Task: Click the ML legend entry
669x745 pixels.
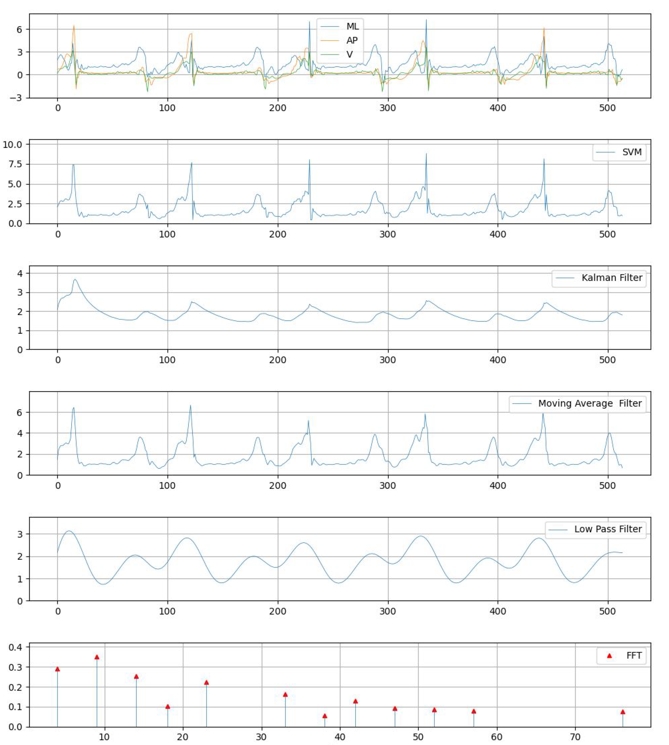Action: coord(352,27)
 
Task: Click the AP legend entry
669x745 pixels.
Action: coord(352,40)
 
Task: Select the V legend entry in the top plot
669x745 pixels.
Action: coord(350,54)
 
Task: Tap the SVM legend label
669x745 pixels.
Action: coord(632,152)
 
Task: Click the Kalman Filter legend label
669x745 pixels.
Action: coord(612,278)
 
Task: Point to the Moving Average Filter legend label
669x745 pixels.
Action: coord(589,403)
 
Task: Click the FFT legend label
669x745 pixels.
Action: coord(634,655)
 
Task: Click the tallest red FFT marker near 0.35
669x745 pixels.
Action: coord(97,657)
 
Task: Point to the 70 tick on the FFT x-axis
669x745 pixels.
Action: coord(575,737)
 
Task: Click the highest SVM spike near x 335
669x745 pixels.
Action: coord(426,154)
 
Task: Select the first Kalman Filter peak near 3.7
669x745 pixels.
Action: coord(75,280)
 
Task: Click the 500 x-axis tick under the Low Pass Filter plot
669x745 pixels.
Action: coord(607,611)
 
